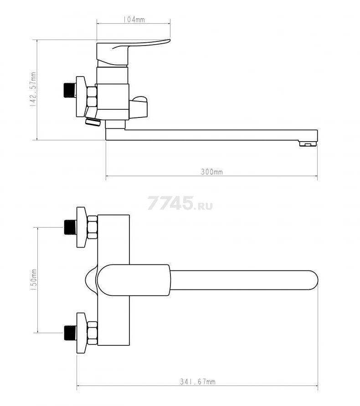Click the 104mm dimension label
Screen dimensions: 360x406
[134, 20]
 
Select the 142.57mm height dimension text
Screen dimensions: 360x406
[33, 90]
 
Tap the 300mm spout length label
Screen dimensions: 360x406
[212, 172]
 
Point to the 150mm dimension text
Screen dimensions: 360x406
[33, 280]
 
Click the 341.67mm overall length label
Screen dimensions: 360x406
[198, 382]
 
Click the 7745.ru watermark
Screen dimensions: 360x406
[180, 203]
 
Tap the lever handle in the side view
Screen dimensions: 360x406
[133, 52]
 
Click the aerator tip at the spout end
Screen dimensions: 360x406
[308, 143]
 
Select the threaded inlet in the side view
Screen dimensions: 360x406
[70, 90]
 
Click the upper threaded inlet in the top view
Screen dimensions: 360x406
[70, 227]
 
